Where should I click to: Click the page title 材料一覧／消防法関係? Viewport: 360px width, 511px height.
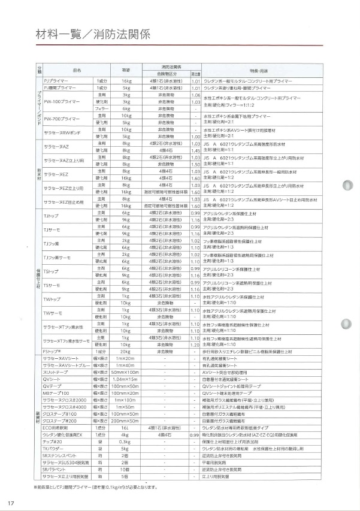pos(81,32)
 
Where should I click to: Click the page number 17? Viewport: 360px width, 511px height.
pos(11,501)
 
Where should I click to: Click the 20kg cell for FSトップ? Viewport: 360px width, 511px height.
pos(126,351)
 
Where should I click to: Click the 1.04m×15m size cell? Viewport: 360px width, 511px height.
pos(126,379)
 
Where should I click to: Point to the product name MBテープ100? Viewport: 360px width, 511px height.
pos(56,393)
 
